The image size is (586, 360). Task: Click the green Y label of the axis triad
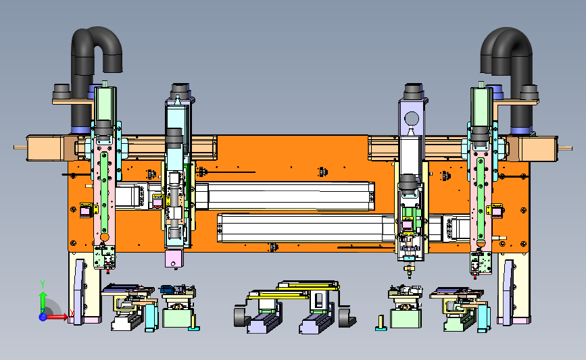(43, 284)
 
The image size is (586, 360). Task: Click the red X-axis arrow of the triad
(56, 317)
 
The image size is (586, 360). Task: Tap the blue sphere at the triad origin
(43, 317)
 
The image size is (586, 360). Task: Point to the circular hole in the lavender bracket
(412, 120)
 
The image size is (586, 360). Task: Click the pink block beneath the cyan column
(174, 259)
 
